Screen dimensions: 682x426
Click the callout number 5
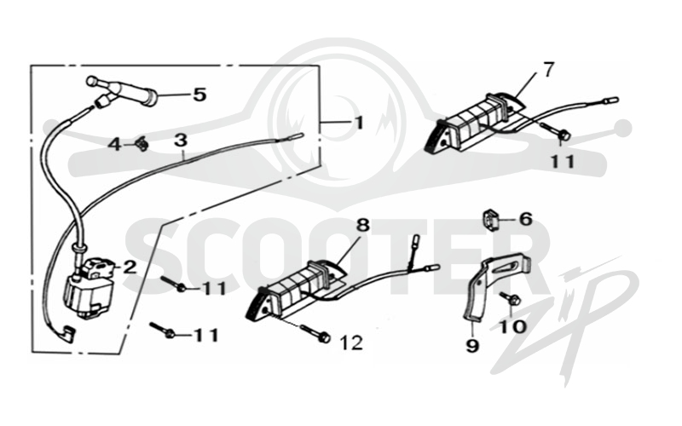click(199, 95)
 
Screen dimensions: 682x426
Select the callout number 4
click(115, 144)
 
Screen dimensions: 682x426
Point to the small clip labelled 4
click(142, 144)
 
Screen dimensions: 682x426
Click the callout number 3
click(181, 141)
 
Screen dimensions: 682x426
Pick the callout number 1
click(358, 123)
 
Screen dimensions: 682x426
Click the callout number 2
click(130, 268)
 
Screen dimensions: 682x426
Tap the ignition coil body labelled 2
click(90, 287)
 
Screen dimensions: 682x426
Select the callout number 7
click(548, 69)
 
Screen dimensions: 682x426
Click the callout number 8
click(363, 225)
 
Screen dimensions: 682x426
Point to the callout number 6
click(525, 219)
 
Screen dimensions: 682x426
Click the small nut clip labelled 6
click(491, 220)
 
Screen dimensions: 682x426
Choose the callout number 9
click(472, 346)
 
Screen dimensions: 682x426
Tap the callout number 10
click(513, 327)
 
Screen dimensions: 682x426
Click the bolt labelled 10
click(510, 299)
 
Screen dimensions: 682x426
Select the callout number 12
click(351, 343)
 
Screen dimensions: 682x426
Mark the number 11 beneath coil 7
click(563, 162)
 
